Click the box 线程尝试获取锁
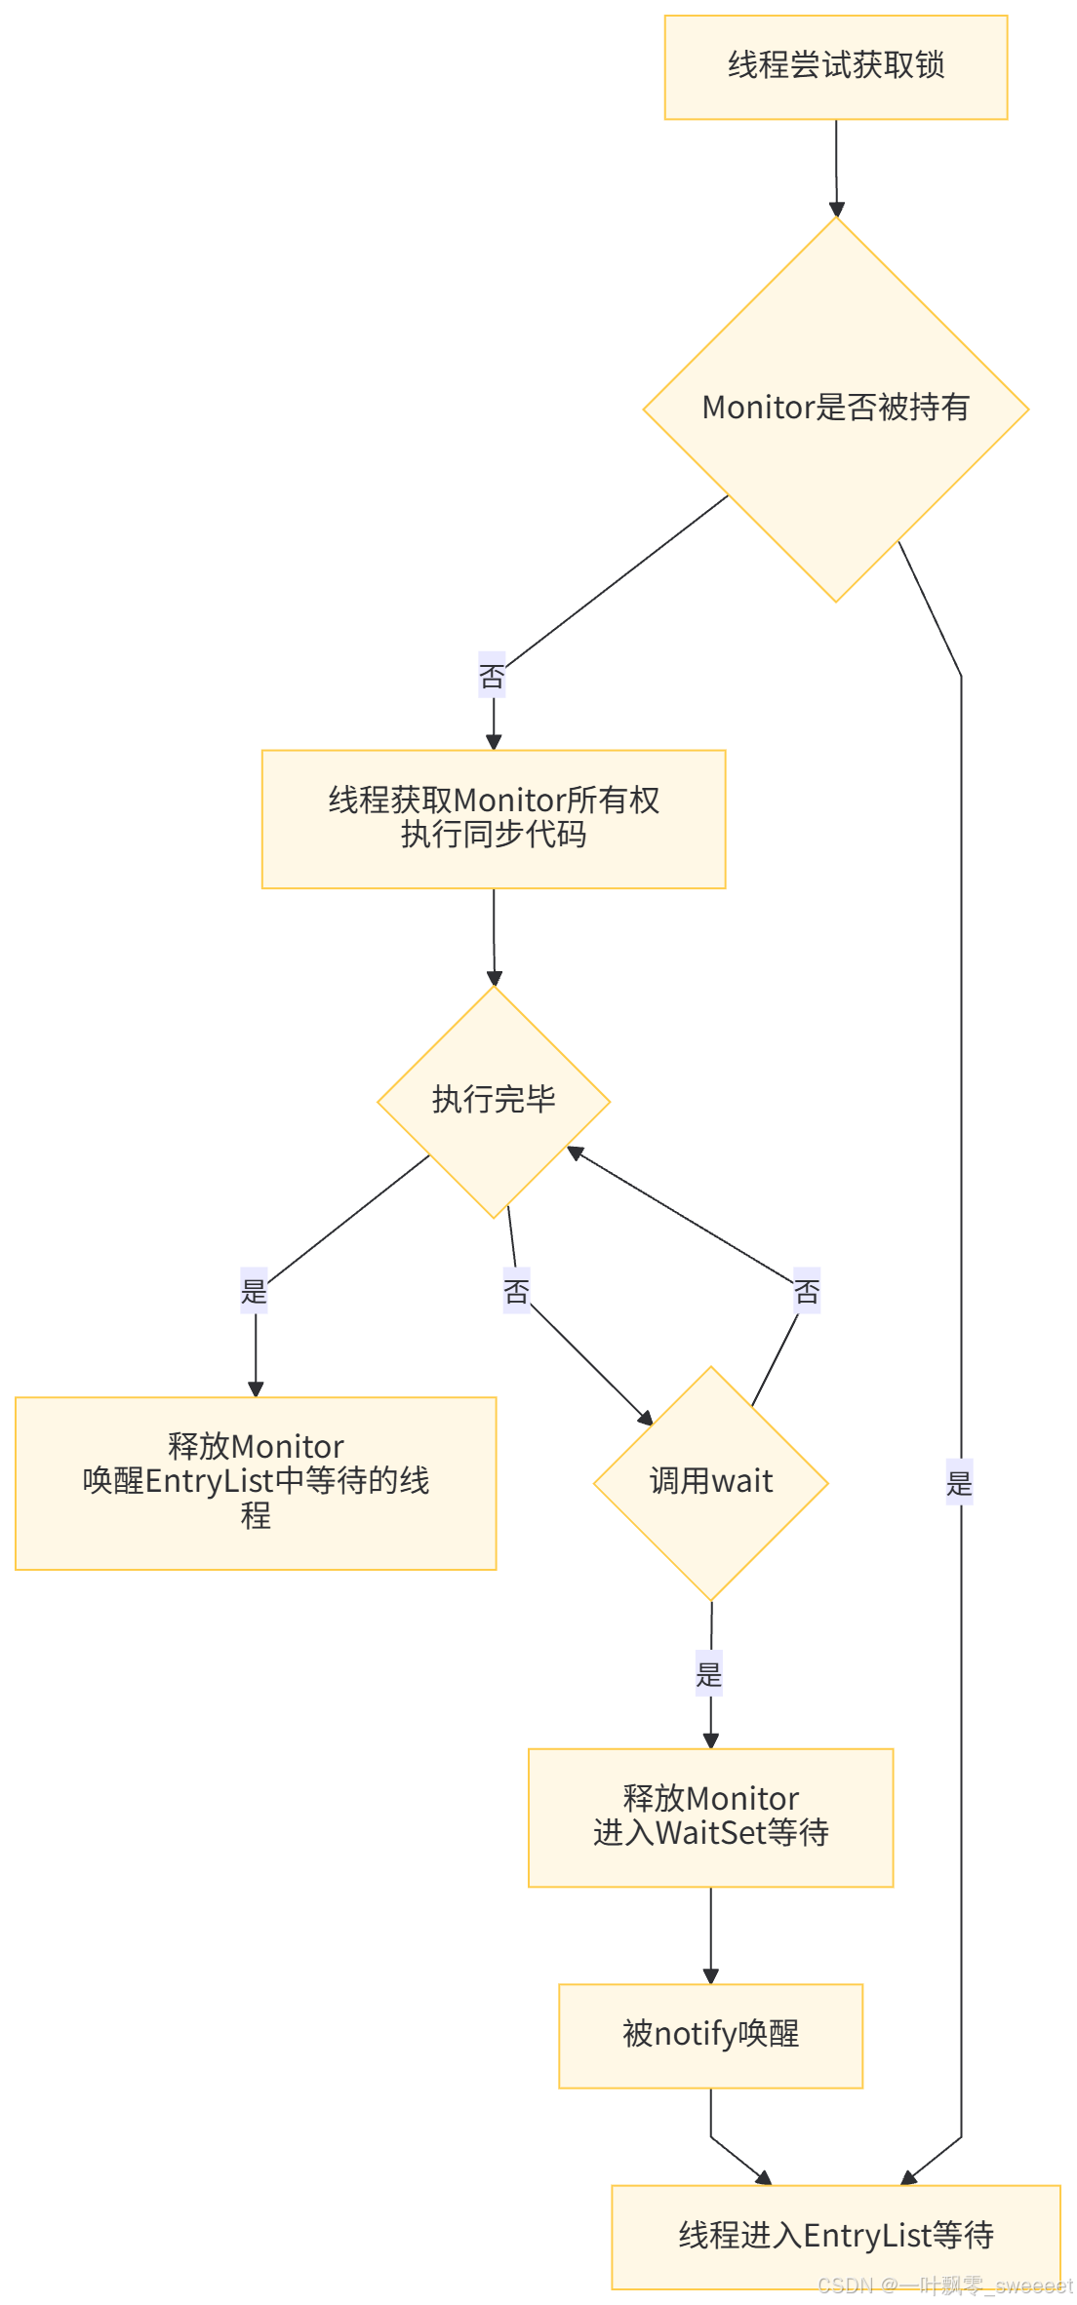(835, 66)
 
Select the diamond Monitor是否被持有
(835, 408)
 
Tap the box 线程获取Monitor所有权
(493, 818)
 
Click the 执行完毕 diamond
(494, 1100)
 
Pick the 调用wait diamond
(710, 1482)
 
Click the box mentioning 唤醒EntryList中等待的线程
(256, 1482)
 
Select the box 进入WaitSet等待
(710, 1817)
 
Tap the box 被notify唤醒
(710, 2034)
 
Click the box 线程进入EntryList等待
(835, 2236)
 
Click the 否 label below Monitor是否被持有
(492, 675)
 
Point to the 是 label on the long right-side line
(959, 1482)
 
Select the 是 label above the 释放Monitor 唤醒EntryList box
(254, 1291)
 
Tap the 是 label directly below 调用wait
(709, 1673)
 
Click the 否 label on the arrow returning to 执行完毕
(807, 1291)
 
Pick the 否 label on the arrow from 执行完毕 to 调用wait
(516, 1291)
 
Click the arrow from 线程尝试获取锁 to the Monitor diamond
(836, 166)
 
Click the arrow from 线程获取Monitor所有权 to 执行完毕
(494, 936)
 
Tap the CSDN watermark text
(944, 2285)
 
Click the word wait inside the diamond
(742, 1482)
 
